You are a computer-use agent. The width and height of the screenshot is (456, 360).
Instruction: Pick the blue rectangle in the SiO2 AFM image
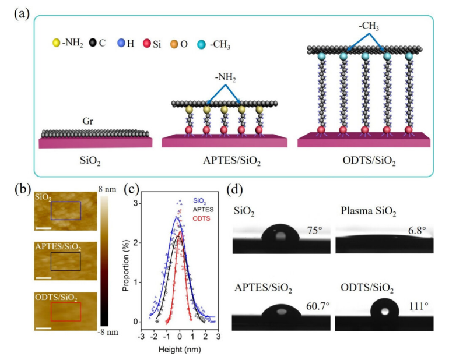pos(65,211)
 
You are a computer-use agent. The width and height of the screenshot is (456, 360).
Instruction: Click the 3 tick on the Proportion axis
pos(134,203)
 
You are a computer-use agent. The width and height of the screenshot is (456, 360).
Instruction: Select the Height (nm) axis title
pos(180,351)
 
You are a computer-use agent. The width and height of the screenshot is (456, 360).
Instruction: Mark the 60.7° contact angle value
pos(313,305)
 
